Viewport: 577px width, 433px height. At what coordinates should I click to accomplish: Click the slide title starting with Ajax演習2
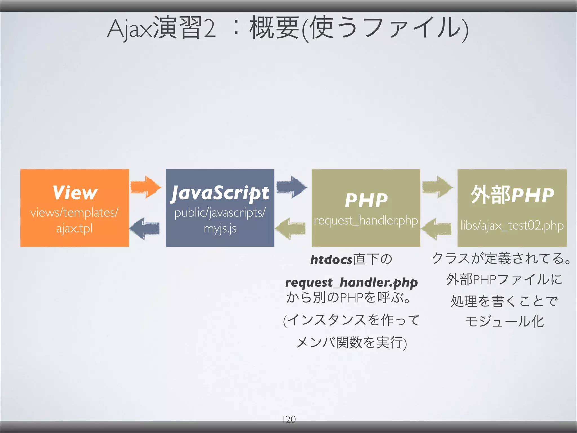click(x=287, y=28)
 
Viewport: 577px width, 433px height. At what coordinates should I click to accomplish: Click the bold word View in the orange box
click(x=75, y=193)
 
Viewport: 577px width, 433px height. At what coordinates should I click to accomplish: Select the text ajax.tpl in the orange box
click(x=74, y=228)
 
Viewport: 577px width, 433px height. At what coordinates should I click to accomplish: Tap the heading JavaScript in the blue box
click(x=220, y=193)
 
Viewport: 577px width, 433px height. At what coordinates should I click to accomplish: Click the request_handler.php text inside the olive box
click(x=366, y=220)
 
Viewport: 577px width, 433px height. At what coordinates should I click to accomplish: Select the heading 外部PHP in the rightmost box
click(x=512, y=195)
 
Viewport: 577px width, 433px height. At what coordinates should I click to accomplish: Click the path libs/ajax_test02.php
click(x=512, y=226)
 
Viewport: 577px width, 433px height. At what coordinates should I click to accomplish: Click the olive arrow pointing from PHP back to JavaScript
click(x=290, y=228)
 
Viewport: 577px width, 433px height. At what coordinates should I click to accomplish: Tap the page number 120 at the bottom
click(x=288, y=419)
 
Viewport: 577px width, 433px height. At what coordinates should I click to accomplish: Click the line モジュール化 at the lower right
click(x=504, y=322)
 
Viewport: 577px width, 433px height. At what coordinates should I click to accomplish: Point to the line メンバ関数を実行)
click(x=352, y=343)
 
